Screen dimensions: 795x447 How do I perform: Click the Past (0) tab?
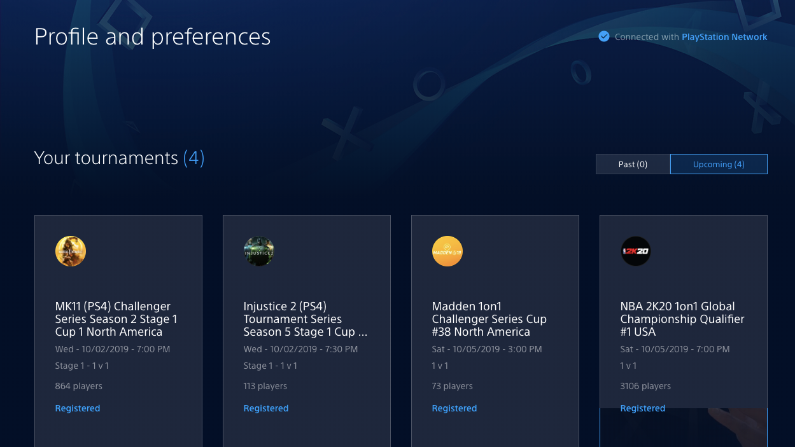click(633, 164)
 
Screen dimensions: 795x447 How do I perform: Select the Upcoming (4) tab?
click(719, 164)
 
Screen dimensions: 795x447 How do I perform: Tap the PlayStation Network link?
click(724, 37)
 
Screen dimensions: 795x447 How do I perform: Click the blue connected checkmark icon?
click(603, 36)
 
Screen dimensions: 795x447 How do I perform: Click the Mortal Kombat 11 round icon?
click(70, 251)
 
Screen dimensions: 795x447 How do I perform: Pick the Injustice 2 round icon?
click(258, 251)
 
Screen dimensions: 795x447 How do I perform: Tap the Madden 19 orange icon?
click(447, 251)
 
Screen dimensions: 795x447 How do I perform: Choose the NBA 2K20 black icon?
click(636, 251)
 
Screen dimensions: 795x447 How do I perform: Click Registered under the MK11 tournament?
click(78, 408)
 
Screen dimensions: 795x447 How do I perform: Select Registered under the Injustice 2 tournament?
click(266, 408)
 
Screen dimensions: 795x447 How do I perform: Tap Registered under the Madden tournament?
click(454, 408)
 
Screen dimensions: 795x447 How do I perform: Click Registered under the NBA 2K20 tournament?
click(643, 408)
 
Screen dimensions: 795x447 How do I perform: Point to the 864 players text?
click(78, 386)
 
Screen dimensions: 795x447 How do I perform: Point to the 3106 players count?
click(645, 386)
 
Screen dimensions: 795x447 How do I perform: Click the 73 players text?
click(452, 386)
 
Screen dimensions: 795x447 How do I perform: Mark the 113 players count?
click(265, 386)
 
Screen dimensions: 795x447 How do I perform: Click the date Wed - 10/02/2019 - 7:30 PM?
click(300, 349)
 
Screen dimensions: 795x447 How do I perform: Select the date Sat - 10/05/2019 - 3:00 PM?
click(486, 349)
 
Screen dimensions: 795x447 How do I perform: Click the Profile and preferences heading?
click(152, 37)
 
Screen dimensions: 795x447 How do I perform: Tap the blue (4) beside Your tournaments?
click(193, 158)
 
